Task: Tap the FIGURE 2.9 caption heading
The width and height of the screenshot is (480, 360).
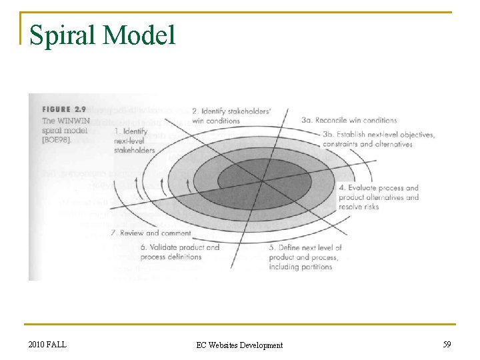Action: (x=64, y=110)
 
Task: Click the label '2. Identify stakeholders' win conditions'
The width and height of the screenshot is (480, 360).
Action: (x=231, y=115)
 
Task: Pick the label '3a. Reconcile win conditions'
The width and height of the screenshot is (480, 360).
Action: (x=349, y=121)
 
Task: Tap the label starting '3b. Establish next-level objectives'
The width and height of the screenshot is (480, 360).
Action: (x=378, y=139)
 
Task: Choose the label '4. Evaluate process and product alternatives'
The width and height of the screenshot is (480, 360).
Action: (x=378, y=197)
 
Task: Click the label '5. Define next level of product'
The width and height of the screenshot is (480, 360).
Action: (x=305, y=257)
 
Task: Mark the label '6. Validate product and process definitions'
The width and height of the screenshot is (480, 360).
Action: (x=179, y=252)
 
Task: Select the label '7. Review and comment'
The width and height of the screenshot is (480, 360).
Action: (x=151, y=233)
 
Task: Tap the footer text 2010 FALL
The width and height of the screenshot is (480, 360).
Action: (x=47, y=344)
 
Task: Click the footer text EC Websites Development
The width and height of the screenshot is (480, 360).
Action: (x=239, y=345)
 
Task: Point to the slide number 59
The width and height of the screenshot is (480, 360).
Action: (x=447, y=344)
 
